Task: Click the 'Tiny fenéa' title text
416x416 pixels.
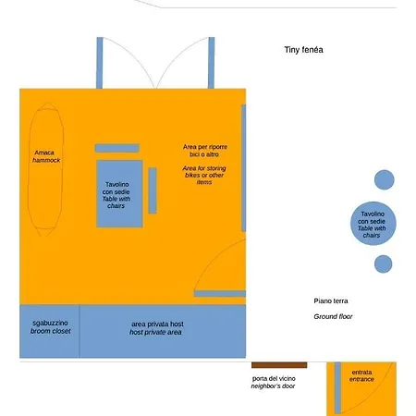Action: tap(303, 50)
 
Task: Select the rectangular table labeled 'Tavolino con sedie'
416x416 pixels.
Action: tap(119, 194)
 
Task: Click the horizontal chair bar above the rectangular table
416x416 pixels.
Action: tap(117, 148)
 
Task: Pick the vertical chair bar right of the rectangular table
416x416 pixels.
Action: tap(153, 190)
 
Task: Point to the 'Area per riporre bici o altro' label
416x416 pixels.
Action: tap(205, 151)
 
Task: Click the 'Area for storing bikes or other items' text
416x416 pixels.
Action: tap(204, 175)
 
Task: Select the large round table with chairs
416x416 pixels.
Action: tap(373, 224)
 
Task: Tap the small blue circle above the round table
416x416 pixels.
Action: tap(385, 180)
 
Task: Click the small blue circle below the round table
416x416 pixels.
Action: tap(384, 264)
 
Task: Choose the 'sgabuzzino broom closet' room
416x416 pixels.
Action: tap(50, 331)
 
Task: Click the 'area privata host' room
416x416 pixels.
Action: tap(163, 331)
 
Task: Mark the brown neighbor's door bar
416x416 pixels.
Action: tap(279, 365)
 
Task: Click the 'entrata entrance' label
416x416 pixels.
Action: tap(361, 376)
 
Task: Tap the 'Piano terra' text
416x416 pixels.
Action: tap(331, 301)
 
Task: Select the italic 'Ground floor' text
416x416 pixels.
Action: tap(333, 316)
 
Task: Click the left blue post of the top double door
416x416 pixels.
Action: tap(100, 63)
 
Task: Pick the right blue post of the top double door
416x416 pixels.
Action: tap(212, 63)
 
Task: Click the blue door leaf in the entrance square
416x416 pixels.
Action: tap(337, 387)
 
